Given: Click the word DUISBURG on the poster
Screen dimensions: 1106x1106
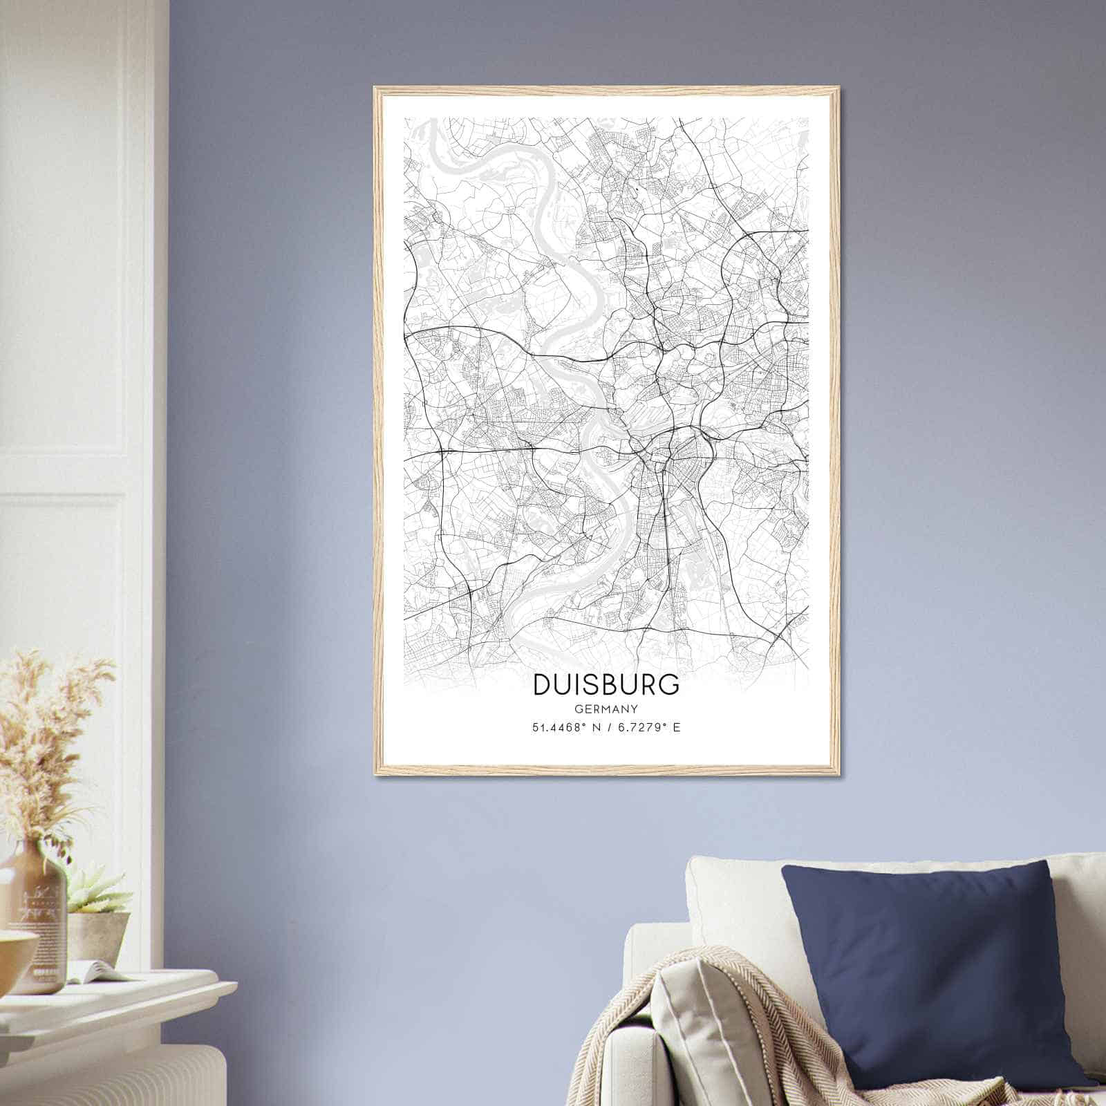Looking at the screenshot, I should pyautogui.click(x=606, y=684).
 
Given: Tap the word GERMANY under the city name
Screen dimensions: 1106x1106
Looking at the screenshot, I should pyautogui.click(x=606, y=709).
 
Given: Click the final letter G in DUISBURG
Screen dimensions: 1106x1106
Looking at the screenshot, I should pyautogui.click(x=670, y=684).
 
